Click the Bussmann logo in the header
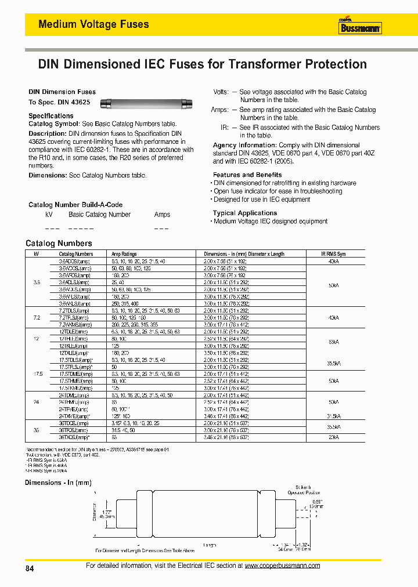360,26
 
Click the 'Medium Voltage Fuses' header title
93,24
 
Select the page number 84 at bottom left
30,569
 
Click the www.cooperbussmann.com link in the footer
282,566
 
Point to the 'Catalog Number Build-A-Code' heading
75,205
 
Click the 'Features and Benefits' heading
247,175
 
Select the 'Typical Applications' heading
244,213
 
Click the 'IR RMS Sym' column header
333,254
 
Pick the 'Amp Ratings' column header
124,254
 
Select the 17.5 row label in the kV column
36,374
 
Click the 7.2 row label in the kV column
36,318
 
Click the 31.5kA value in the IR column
334,416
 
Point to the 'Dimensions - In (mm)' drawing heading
58,483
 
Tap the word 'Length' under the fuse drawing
210,545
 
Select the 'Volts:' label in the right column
221,92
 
